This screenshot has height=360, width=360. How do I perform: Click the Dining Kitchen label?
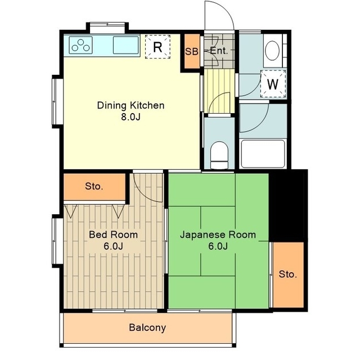point(130,106)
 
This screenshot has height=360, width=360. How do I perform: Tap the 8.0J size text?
point(130,117)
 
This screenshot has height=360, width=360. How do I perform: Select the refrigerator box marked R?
point(157,47)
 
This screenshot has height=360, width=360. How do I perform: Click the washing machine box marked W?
point(273,84)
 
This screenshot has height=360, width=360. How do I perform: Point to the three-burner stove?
point(80,45)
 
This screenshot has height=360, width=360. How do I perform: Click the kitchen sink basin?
point(126,45)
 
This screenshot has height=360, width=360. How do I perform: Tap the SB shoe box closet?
point(192,51)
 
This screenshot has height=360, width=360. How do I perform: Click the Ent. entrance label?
point(219,51)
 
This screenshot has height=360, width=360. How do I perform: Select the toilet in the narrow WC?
point(219,155)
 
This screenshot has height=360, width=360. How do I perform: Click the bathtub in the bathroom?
point(263,154)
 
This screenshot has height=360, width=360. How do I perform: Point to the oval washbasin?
point(272,51)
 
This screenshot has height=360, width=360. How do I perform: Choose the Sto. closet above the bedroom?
point(94,186)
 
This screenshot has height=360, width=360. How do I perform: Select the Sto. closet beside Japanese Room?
point(288,274)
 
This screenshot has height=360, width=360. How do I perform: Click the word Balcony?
point(147,327)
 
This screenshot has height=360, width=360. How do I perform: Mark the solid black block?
point(288,205)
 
